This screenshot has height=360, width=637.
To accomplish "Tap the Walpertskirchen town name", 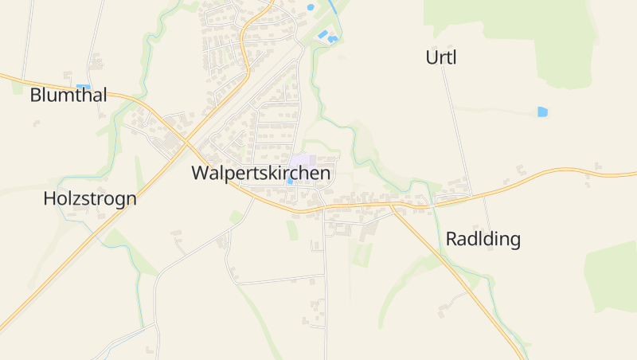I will [x=260, y=173].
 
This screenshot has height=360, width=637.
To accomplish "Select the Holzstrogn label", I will [x=90, y=199].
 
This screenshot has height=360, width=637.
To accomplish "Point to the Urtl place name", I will [x=441, y=57].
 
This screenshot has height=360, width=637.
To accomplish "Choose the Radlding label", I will [x=483, y=239].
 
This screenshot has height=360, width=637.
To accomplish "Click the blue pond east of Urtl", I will [x=542, y=112].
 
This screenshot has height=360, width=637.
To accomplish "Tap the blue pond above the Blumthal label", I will [x=83, y=86].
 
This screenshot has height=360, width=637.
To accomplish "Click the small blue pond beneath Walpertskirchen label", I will [x=290, y=182].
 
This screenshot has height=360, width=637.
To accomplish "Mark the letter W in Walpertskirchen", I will [x=200, y=173].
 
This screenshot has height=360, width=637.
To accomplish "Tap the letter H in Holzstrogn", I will [x=49, y=199].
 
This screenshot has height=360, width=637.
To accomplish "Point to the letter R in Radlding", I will [x=451, y=239].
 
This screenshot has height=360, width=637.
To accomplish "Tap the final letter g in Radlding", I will [x=514, y=241].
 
